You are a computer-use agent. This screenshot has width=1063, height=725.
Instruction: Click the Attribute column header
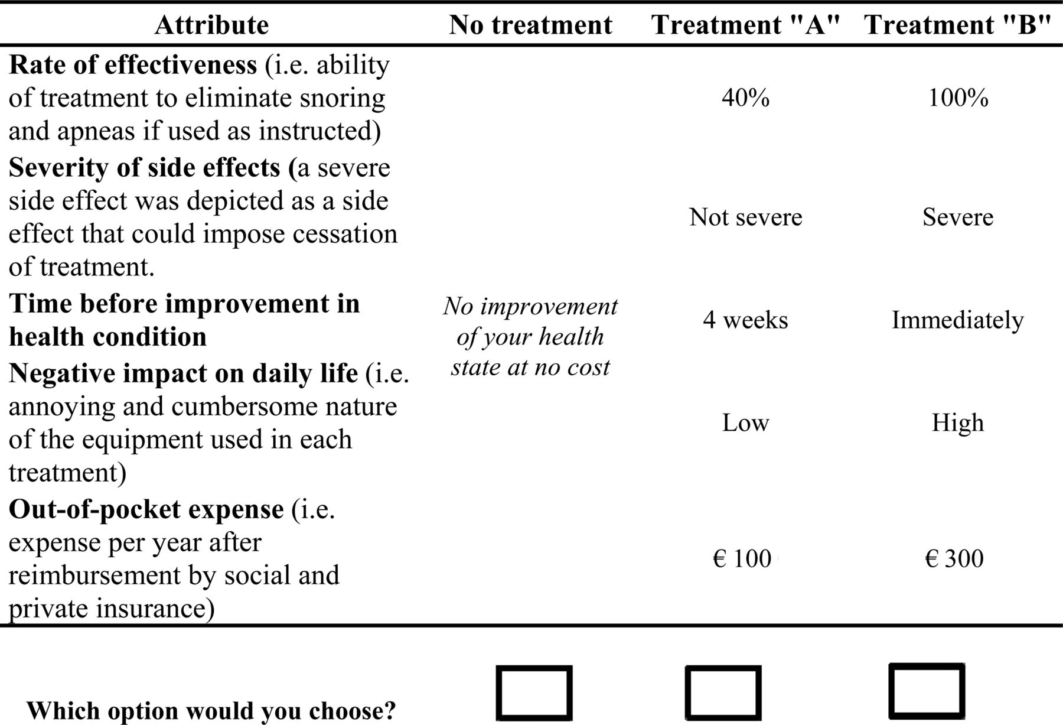coord(211,25)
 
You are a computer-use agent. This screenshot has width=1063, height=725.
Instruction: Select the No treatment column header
coord(530,25)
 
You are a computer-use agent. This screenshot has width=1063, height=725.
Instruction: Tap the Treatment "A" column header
coord(745,25)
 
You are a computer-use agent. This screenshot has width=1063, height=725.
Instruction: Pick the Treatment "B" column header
coord(957,25)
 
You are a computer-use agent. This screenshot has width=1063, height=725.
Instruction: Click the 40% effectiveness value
coord(745,97)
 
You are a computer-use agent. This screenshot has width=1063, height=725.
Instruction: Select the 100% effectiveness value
coord(958,97)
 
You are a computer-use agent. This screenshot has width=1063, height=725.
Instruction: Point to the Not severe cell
coord(745,217)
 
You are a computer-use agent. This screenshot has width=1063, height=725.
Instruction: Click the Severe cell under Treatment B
coord(958,217)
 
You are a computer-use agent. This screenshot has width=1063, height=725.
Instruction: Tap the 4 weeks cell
coord(745,320)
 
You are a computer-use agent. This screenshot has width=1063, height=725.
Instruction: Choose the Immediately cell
coord(958,320)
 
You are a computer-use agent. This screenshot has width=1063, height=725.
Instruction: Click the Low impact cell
coord(745,422)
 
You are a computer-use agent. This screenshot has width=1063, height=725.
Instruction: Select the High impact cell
coord(958,423)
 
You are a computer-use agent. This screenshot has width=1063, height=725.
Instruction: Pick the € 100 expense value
coord(742,558)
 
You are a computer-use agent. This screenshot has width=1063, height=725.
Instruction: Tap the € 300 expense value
coord(954,558)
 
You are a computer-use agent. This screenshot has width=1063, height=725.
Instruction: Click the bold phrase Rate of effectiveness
coord(133,64)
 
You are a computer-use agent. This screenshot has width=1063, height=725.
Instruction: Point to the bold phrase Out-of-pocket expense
coord(146,509)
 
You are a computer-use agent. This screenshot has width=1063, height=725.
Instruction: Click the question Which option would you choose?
coord(211,710)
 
